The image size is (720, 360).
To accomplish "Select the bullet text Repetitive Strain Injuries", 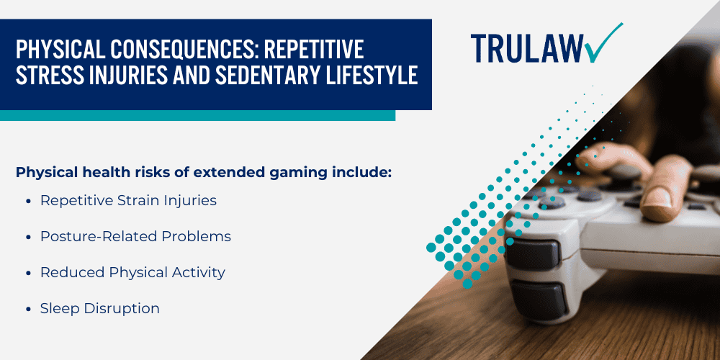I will point(128,201).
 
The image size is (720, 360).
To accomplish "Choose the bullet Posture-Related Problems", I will point(135,236).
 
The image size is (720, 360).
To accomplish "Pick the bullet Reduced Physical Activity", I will point(132,272).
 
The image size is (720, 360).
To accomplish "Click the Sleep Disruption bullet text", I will point(99,308).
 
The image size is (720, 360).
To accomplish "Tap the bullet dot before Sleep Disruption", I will point(28,309).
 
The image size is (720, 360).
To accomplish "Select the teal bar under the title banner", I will point(197,115).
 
